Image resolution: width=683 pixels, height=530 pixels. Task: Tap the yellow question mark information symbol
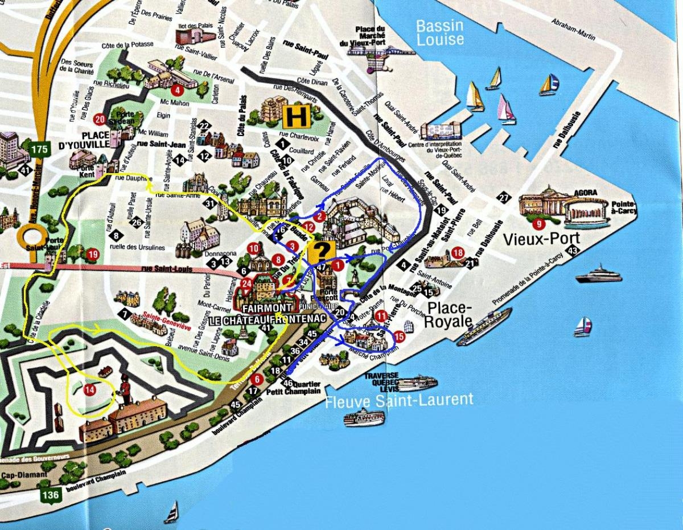(x=322, y=250)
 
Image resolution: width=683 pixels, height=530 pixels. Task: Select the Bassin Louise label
(x=440, y=33)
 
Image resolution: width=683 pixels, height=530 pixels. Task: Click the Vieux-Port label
(x=541, y=238)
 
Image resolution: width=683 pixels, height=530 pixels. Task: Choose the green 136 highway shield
(x=50, y=495)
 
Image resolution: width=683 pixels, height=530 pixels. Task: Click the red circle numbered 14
(x=89, y=390)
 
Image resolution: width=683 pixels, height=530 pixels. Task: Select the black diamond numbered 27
(x=503, y=198)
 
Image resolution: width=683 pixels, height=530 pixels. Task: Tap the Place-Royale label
(x=450, y=315)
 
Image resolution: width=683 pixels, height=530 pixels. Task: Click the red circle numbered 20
(x=100, y=119)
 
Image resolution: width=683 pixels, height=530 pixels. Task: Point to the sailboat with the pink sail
(x=506, y=108)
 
